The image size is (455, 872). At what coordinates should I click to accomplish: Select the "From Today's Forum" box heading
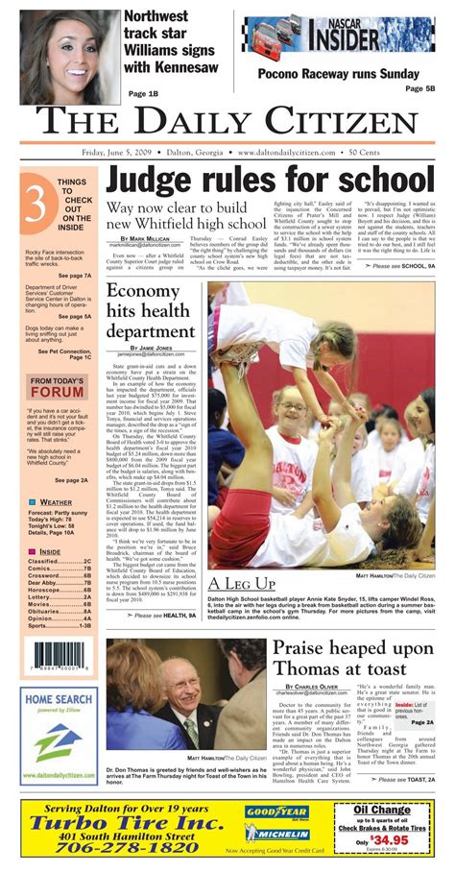click(x=57, y=386)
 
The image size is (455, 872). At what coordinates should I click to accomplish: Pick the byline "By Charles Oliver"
click(x=310, y=688)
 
